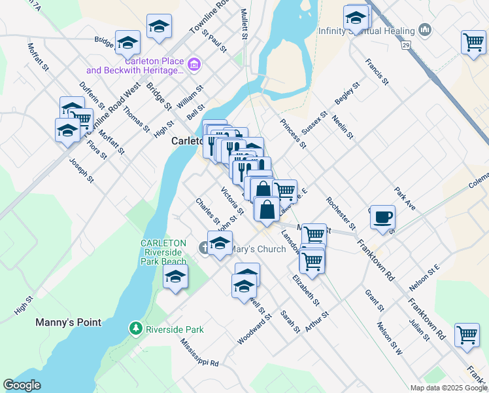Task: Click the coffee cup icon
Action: (382, 216)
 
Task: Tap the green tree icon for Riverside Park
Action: (135, 327)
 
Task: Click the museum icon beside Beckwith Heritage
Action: (194, 64)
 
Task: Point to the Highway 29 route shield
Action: (406, 45)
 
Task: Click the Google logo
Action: (22, 385)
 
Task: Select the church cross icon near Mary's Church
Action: (204, 248)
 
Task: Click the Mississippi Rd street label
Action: (199, 352)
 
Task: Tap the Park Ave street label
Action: (405, 198)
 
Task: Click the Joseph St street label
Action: (82, 170)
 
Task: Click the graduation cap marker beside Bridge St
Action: (128, 42)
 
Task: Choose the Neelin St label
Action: (346, 128)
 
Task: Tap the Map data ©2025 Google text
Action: (448, 388)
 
